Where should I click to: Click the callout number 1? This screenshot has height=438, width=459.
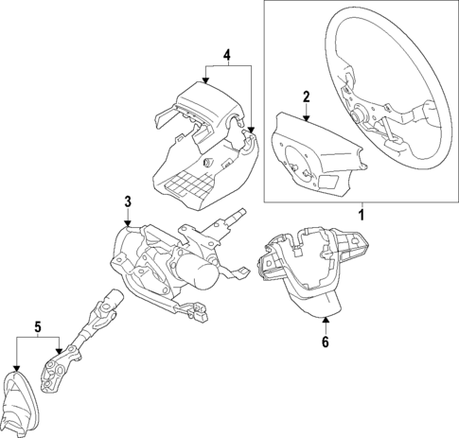pos(360,215)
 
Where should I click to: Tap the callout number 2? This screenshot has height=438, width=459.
pos(306,96)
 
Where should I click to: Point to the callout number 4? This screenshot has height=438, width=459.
pos(226,55)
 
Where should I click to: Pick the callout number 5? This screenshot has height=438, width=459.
pos(38,327)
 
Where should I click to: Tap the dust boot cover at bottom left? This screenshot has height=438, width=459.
pos(23,402)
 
